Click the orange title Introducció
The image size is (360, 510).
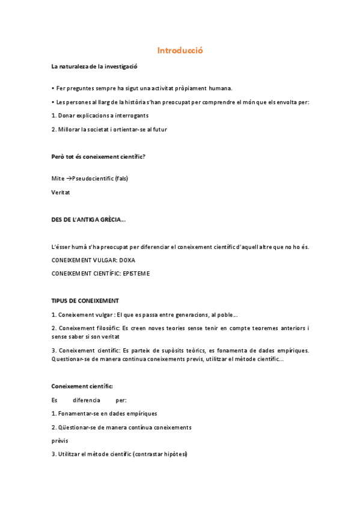[x=180, y=51]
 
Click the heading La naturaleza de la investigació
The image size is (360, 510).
[x=94, y=66]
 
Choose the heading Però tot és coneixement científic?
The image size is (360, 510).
[x=98, y=157]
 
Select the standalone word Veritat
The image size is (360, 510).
[x=61, y=192]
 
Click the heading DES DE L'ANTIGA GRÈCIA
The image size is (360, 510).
[x=88, y=220]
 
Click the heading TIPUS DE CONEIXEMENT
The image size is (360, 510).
[x=85, y=300]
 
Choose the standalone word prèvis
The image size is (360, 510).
[x=59, y=440]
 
